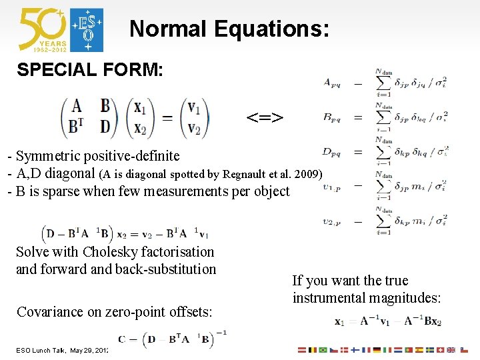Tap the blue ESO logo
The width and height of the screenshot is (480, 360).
coord(87,30)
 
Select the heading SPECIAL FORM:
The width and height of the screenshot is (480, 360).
coord(90,69)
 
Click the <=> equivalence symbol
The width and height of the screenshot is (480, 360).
coord(265,119)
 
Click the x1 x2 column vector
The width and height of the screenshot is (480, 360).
coord(139,118)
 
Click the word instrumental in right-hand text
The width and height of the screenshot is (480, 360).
coord(334,298)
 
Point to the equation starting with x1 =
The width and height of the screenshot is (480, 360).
coord(387,321)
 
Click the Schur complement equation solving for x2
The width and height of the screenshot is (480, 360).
coord(125,234)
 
